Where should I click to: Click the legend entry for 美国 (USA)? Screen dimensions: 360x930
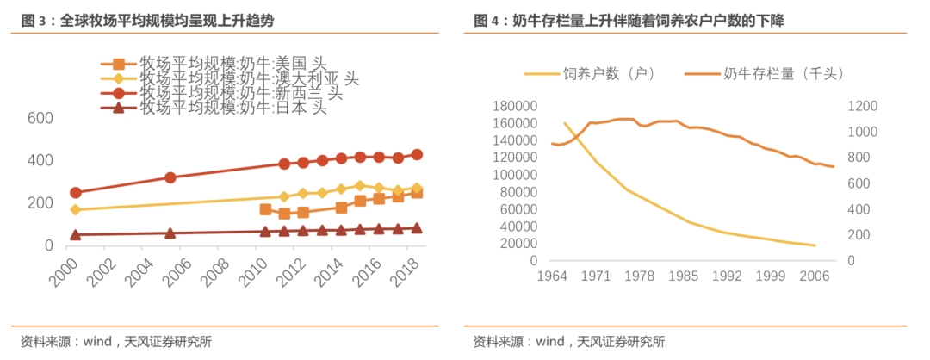pyautogui.click(x=232, y=63)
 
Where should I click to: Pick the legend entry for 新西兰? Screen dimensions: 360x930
pyautogui.click(x=240, y=92)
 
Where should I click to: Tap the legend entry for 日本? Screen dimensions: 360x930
pyautogui.click(x=232, y=108)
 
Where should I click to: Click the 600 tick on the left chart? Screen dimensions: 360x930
pyautogui.click(x=40, y=119)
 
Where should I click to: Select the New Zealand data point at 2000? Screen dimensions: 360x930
pyautogui.click(x=76, y=193)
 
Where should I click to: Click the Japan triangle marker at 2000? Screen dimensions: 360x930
pyautogui.click(x=76, y=234)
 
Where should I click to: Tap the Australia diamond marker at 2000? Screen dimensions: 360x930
pyautogui.click(x=76, y=209)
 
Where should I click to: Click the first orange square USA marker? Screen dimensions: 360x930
pyautogui.click(x=265, y=209)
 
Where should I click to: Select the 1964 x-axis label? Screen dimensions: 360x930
pyautogui.click(x=552, y=277)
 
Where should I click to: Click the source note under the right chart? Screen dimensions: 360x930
pyautogui.click(x=568, y=341)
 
